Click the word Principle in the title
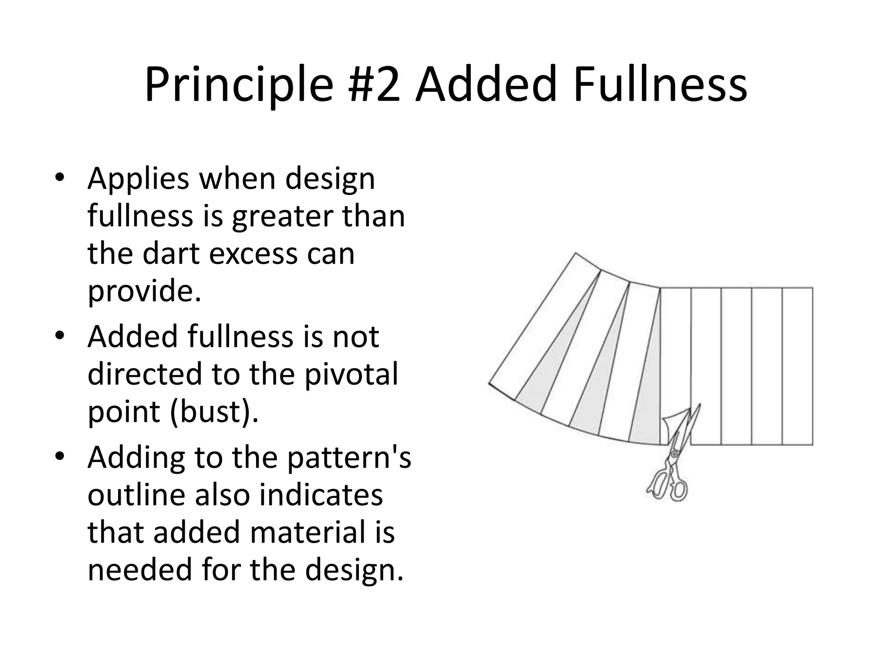(238, 85)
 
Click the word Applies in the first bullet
(138, 179)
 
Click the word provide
(144, 291)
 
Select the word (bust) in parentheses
(213, 412)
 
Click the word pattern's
(349, 458)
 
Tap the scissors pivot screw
(674, 454)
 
